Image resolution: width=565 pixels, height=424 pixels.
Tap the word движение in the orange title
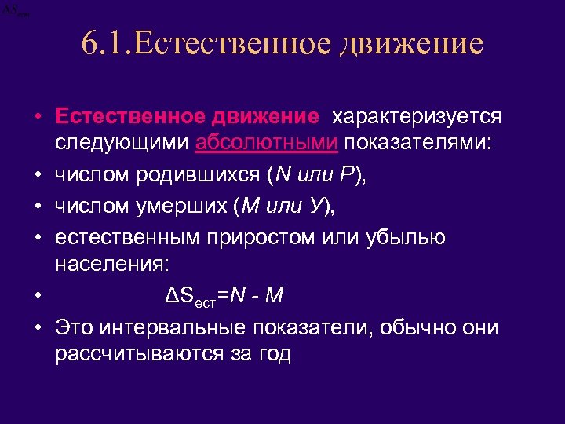[410, 44]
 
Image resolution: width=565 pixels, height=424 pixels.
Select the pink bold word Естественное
[128, 117]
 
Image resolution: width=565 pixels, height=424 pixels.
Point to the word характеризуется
[416, 117]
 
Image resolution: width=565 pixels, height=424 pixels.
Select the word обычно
[425, 327]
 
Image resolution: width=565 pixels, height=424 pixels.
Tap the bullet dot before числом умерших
[38, 207]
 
